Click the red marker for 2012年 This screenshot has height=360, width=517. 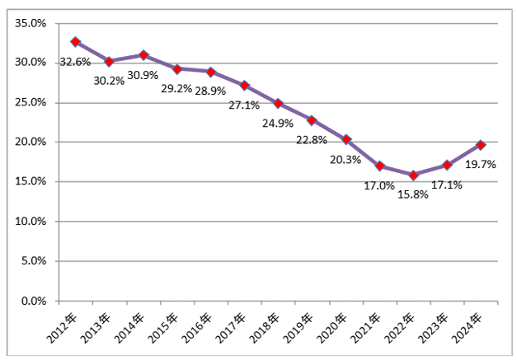click(76, 41)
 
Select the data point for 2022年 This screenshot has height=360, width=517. click(414, 175)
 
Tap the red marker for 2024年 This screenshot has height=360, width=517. click(482, 144)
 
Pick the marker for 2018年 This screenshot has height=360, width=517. click(279, 104)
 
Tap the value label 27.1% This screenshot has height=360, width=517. click(243, 105)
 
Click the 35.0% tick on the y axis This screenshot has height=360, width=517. click(31, 23)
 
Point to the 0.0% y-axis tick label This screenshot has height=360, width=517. click(33, 302)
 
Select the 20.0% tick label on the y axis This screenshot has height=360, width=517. click(31, 143)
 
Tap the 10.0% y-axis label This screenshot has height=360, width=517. click(31, 222)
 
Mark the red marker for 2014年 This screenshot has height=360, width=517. click(143, 55)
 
